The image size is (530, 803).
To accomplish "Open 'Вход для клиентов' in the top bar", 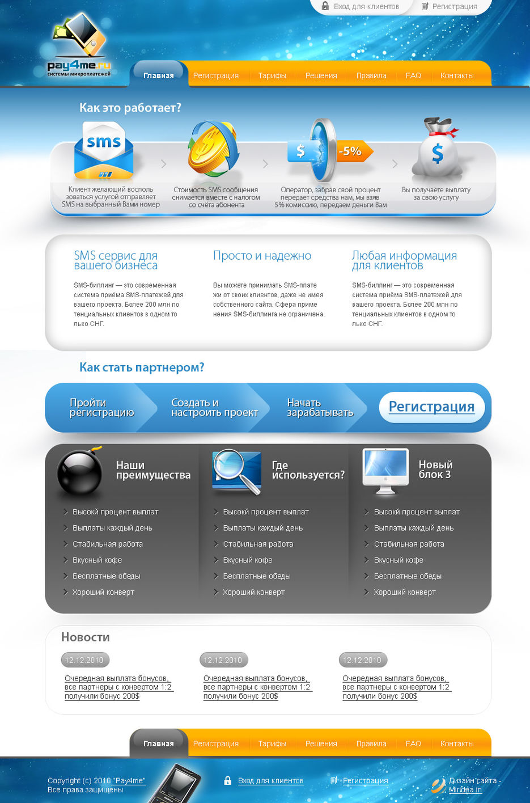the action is tap(366, 6).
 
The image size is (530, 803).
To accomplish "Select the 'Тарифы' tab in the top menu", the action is tap(272, 75).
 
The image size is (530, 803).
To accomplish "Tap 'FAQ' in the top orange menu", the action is tap(413, 75).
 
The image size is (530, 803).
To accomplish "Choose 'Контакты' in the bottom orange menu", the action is tap(457, 743).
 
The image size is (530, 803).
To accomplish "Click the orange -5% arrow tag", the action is tap(354, 151).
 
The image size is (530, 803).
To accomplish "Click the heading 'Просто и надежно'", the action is tap(262, 256).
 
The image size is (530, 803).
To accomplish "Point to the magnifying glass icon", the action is tap(236, 472).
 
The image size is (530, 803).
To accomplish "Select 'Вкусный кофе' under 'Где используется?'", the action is tap(248, 560).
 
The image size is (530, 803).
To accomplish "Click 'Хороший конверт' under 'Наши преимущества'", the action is tap(103, 592).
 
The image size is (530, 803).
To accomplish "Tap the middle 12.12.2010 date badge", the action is tap(223, 660).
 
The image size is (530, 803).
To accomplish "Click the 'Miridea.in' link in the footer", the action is tap(465, 790).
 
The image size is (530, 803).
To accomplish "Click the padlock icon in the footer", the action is tap(227, 780).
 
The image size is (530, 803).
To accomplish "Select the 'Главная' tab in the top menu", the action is tap(158, 75).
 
